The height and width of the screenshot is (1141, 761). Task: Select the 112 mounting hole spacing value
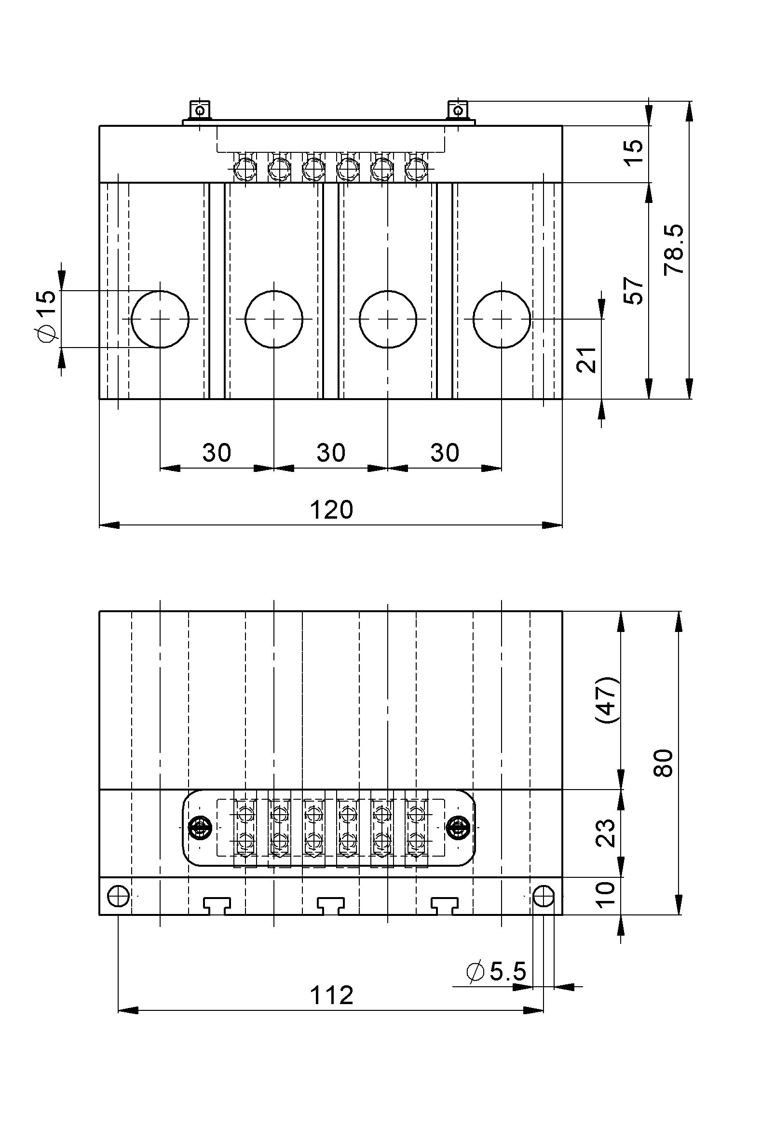coord(331,996)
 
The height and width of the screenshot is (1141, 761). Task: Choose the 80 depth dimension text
coord(663,764)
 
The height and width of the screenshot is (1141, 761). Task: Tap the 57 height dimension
coord(633,291)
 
